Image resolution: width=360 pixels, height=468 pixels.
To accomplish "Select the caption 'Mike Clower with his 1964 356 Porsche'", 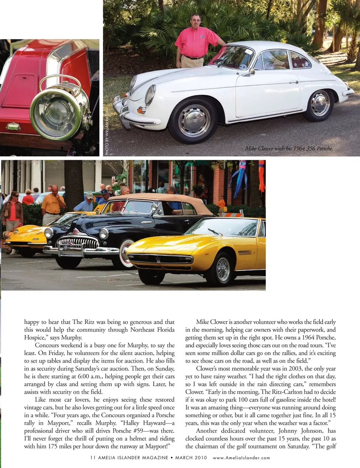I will pos(289,149).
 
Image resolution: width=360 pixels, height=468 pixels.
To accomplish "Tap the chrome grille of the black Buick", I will pos(76,243).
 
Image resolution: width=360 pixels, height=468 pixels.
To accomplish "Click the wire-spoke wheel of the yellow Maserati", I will pos(223,269).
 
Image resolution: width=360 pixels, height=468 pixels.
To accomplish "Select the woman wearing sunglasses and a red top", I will pos(13,210).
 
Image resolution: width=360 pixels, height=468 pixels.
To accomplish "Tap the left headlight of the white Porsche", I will pos(150,95).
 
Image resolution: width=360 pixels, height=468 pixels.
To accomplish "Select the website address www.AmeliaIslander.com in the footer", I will pos(241,458).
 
